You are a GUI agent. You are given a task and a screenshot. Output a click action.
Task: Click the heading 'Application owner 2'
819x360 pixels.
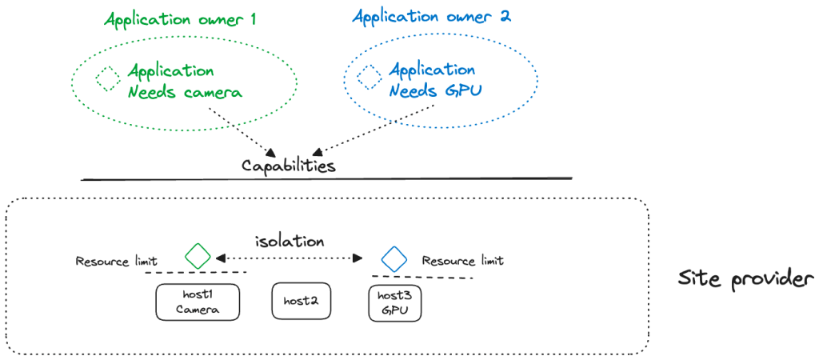(431, 16)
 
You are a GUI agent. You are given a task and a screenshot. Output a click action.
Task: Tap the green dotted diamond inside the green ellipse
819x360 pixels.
(109, 79)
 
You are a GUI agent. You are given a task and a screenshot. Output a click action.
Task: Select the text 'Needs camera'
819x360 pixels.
(186, 93)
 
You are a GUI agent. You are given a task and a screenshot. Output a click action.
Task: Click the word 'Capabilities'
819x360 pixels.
(289, 166)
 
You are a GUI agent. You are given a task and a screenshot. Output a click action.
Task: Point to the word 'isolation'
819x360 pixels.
(290, 242)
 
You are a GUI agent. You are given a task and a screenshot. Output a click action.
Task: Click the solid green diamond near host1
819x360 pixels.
(198, 256)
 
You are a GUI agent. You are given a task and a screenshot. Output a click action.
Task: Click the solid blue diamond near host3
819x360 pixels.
(394, 257)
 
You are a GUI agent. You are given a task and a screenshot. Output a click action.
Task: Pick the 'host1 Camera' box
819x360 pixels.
(198, 302)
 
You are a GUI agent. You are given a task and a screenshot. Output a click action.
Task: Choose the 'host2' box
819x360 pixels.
(302, 301)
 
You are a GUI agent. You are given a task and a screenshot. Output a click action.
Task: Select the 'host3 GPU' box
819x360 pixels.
(395, 303)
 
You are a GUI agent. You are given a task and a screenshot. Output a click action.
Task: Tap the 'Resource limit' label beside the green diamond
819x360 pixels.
(117, 262)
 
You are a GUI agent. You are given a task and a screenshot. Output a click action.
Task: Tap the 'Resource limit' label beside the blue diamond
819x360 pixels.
(463, 260)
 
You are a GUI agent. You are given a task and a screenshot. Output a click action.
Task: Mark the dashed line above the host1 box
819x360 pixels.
(196, 273)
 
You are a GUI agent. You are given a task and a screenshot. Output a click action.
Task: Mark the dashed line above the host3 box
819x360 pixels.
(422, 277)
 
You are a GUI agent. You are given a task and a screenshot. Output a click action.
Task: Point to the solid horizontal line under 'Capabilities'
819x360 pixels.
(326, 179)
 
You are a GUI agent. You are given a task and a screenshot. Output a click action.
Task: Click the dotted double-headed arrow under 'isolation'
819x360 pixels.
(290, 258)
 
